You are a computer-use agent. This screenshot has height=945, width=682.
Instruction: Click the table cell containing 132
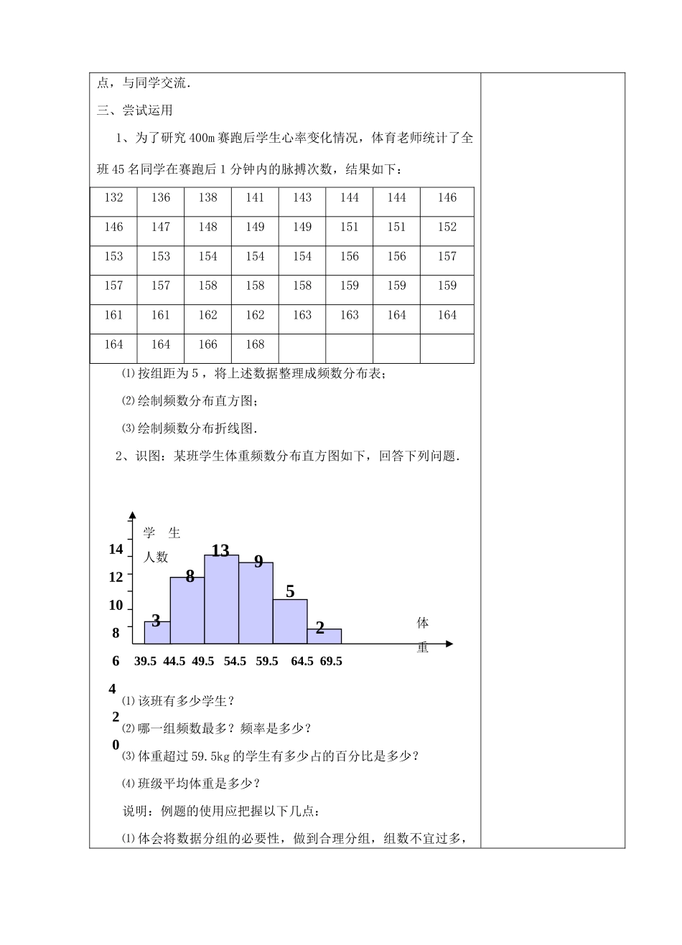pos(113,198)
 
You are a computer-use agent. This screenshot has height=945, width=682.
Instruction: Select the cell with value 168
pos(255,345)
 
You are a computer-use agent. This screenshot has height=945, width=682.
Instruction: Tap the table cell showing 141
pos(255,198)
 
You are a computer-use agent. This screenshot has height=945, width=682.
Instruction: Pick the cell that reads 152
pos(447,227)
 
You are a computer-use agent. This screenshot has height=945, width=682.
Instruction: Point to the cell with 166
pos(207,345)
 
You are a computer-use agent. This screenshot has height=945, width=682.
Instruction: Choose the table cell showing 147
pos(161,227)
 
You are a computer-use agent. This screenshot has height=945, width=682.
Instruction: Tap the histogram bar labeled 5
pos(290,622)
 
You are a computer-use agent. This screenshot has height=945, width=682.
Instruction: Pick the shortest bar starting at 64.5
pos(324,636)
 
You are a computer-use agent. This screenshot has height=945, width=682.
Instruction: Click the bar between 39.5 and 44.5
pos(157,633)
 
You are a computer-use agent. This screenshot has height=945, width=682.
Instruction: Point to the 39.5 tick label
pos(145,662)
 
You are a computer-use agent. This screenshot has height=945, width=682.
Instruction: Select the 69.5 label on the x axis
pos(331,662)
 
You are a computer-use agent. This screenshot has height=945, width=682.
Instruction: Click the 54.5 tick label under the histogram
pos(235,662)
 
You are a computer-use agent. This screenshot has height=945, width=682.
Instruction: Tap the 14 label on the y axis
pos(116,550)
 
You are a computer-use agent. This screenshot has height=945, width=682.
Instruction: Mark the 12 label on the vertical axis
pos(116,576)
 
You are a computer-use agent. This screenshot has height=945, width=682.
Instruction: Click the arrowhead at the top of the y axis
pos(132,515)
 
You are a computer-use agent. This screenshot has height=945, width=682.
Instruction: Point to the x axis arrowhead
pos(449,644)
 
